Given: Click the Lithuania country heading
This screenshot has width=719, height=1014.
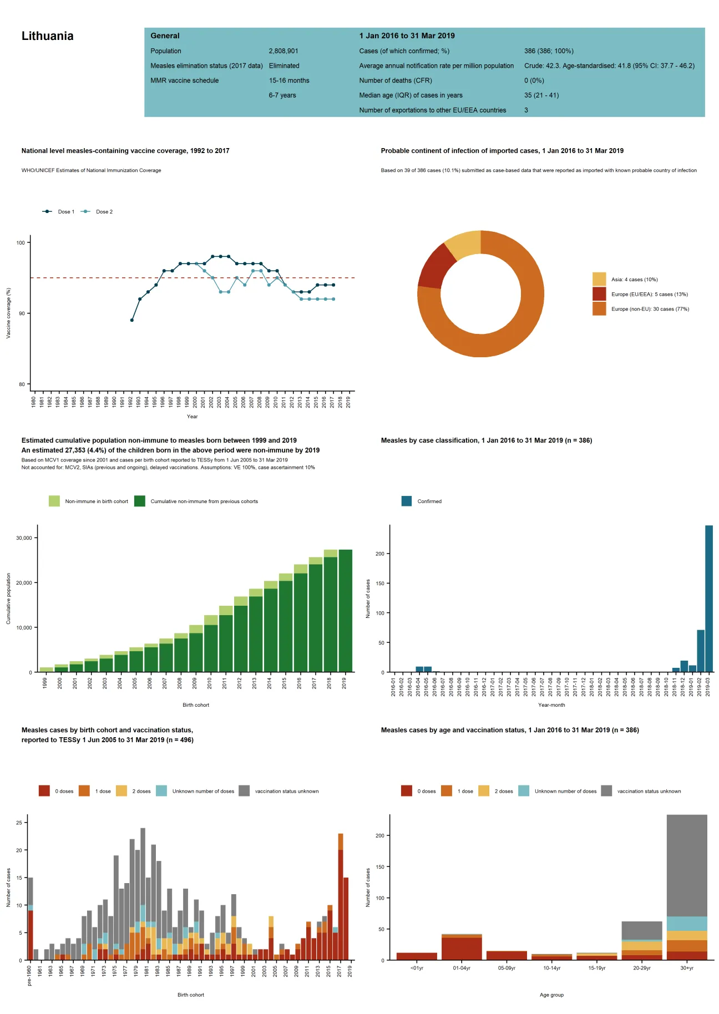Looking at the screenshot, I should click(x=47, y=36).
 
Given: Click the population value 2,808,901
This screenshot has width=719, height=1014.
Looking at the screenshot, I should click(x=283, y=51).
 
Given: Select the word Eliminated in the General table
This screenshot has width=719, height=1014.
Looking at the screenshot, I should click(x=284, y=65).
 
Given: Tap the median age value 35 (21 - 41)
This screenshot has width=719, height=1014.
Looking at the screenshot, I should click(x=541, y=95).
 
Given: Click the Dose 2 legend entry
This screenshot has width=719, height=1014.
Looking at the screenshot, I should click(x=104, y=212).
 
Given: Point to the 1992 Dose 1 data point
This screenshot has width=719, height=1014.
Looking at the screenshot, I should click(x=131, y=320).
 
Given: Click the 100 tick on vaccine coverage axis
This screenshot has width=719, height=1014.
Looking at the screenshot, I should click(x=21, y=243).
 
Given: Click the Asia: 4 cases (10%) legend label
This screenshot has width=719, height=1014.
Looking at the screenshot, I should click(x=634, y=280).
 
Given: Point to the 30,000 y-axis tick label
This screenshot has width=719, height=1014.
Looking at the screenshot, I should click(x=24, y=538).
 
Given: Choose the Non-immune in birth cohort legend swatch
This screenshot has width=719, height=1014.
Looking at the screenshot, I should click(x=54, y=501).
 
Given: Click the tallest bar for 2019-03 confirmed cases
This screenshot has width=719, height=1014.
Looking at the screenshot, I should click(x=708, y=599).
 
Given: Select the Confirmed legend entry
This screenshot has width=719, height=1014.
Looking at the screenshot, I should click(x=429, y=501).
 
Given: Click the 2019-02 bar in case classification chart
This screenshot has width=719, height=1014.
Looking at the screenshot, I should click(x=700, y=651).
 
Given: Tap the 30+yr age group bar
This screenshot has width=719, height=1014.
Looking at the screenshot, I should click(x=686, y=888).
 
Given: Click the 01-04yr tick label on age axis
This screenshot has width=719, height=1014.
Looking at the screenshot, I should click(x=462, y=968).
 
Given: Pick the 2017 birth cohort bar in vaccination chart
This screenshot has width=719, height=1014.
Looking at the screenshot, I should click(x=340, y=899).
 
